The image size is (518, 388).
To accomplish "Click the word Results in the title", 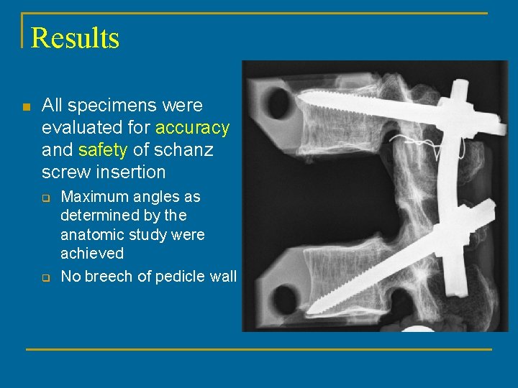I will [x=75, y=37].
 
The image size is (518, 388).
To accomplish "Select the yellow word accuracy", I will [x=192, y=128].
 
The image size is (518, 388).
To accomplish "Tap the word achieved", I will [x=92, y=254].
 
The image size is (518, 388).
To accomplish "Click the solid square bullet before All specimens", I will [x=26, y=107].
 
